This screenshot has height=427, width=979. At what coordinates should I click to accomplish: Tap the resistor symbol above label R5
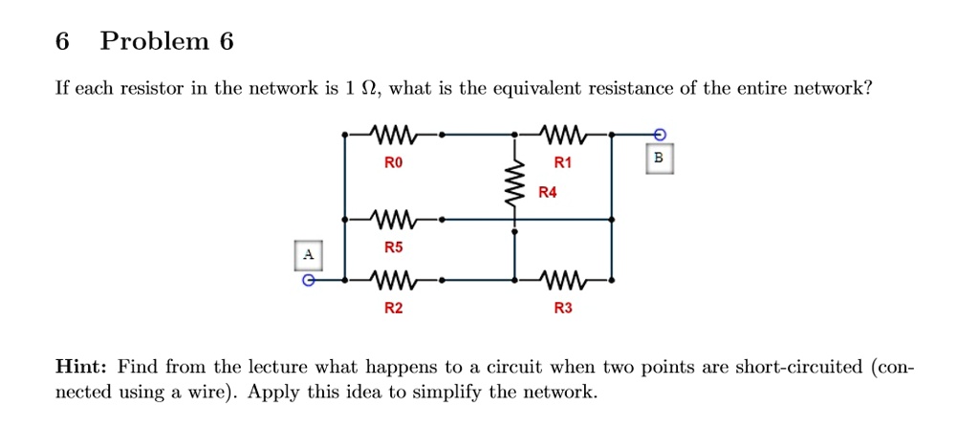click(x=393, y=219)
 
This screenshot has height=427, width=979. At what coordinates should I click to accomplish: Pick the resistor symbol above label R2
click(x=393, y=281)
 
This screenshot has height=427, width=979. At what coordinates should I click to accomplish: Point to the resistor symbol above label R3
click(x=562, y=281)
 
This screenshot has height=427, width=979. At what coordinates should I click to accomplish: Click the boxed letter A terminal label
click(x=307, y=254)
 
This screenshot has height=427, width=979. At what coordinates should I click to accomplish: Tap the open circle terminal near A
click(x=307, y=281)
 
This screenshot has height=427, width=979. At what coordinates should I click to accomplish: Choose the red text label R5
click(x=393, y=247)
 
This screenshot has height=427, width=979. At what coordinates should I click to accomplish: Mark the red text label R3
click(x=562, y=309)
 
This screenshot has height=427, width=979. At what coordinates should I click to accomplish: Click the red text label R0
click(x=393, y=163)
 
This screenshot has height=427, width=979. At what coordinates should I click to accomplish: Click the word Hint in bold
click(x=82, y=368)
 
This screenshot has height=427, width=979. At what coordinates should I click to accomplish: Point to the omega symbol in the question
click(x=365, y=90)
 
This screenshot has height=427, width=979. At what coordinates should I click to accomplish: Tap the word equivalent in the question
click(x=539, y=90)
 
